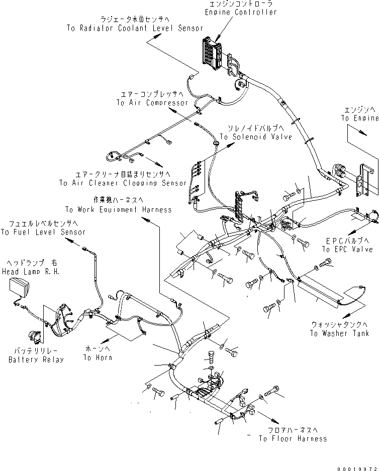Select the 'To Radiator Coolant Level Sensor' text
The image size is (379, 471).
pyautogui.click(x=135, y=29)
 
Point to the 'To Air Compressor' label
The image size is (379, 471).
pyautogui.click(x=152, y=102)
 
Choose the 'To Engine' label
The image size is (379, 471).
pyautogui.click(x=359, y=119)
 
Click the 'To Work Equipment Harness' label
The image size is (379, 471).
pyautogui.click(x=118, y=209)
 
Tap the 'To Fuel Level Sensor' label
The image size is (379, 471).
pyautogui.click(x=43, y=232)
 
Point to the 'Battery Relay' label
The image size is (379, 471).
pyautogui.click(x=36, y=360)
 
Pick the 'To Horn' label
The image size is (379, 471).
pyautogui.click(x=98, y=358)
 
